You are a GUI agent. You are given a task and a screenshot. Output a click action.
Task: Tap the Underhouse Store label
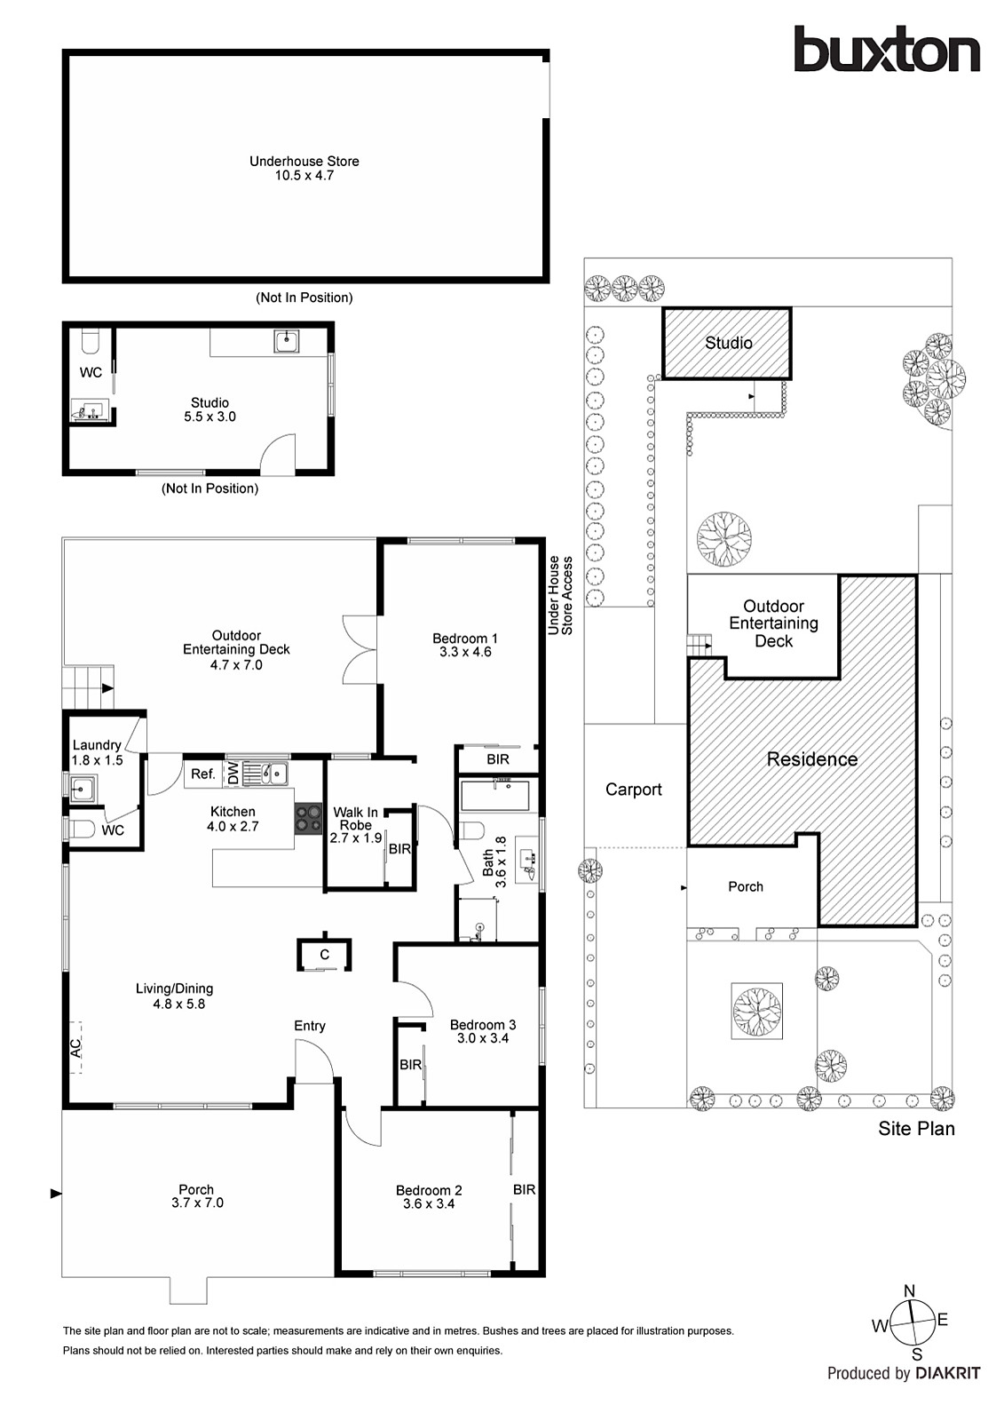click(x=304, y=161)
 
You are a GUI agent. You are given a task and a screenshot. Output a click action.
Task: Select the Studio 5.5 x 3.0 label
click(x=209, y=409)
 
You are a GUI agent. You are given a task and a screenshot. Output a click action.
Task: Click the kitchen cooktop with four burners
click(x=308, y=818)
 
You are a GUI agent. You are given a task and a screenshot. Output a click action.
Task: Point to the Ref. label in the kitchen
click(x=203, y=774)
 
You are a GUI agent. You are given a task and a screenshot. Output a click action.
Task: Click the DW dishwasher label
click(x=233, y=774)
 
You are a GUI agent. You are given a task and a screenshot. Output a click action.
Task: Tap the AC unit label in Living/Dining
click(x=76, y=1047)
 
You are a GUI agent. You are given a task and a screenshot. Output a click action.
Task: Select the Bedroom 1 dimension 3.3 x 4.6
click(x=464, y=652)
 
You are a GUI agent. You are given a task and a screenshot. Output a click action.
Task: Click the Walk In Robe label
click(x=355, y=818)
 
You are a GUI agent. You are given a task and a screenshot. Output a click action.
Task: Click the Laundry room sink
click(x=83, y=787)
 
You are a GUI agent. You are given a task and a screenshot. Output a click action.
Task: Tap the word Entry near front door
click(x=310, y=1026)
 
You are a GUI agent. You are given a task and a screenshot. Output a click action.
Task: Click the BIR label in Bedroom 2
click(x=524, y=1189)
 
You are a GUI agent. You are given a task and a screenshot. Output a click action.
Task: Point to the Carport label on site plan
click(x=633, y=790)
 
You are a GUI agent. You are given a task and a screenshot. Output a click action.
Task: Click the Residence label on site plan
click(x=811, y=759)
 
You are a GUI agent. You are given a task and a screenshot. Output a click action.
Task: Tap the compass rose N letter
click(x=909, y=1291)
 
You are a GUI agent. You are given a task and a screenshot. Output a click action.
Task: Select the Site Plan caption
click(x=916, y=1129)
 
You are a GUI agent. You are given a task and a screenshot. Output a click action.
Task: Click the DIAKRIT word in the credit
click(x=947, y=1373)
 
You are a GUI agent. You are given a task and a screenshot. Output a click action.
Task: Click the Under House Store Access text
click(x=560, y=595)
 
